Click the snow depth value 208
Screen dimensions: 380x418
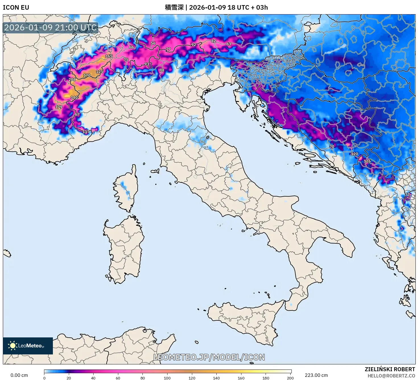(72, 80)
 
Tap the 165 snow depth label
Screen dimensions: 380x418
(109, 56)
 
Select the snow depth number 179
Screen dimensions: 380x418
(59, 107)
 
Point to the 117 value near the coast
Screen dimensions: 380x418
(86, 132)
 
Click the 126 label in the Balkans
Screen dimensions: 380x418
(367, 161)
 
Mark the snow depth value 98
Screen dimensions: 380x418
(162, 70)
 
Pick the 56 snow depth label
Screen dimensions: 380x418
(153, 43)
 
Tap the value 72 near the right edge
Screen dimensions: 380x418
(407, 195)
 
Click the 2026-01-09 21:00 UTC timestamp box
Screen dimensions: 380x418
(51, 28)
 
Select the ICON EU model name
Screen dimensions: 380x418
(16, 7)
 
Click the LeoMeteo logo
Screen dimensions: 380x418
(28, 346)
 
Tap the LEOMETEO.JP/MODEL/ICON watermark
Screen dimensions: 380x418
(209, 357)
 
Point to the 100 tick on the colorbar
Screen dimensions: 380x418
(167, 378)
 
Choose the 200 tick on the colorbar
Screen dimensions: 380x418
(290, 378)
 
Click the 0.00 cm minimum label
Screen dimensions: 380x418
(19, 375)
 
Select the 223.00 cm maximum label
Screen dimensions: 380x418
(316, 375)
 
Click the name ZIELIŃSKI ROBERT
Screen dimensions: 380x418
(390, 369)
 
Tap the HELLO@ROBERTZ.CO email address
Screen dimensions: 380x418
(391, 376)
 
